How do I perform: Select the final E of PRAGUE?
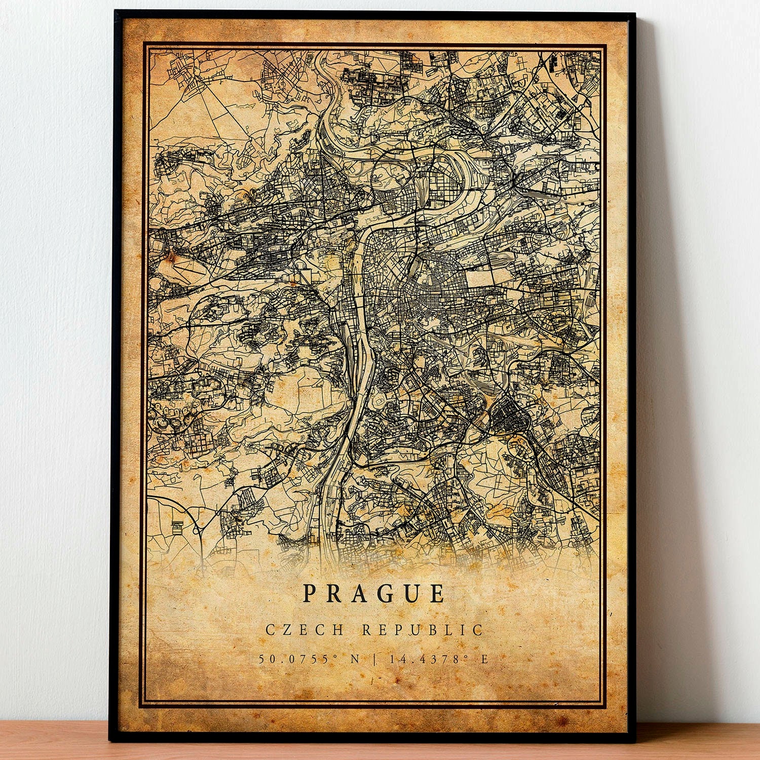438,593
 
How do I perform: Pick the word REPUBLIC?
423,630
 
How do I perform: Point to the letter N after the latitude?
355,659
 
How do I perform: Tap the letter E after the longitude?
484,659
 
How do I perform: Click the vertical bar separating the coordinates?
374,659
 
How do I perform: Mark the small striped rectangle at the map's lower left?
177,527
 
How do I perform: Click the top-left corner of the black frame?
116,12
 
